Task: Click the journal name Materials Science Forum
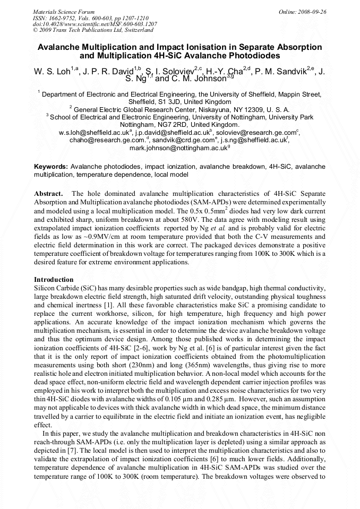[x=64, y=11]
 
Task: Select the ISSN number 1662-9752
[x=68, y=18]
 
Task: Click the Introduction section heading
[x=54, y=279]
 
